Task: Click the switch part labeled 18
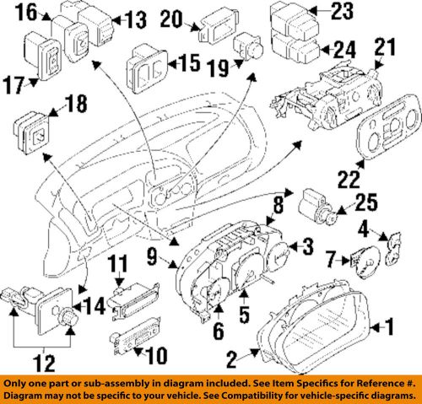35,129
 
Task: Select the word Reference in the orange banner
368,380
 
